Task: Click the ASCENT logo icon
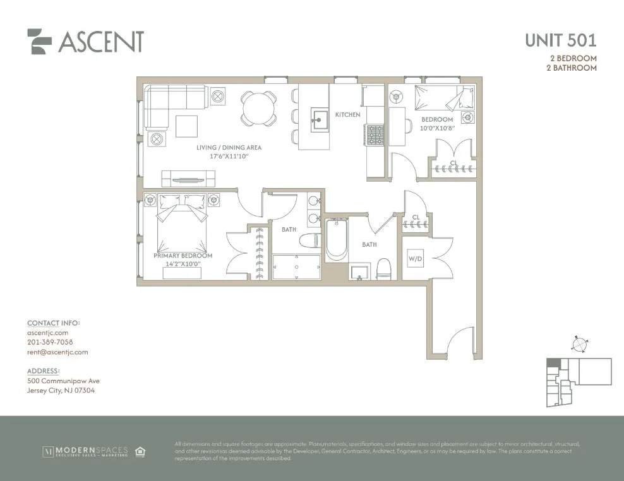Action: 39,42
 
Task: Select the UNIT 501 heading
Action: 560,40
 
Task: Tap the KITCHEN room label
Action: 347,115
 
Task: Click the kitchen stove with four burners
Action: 375,134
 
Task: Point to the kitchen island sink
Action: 320,117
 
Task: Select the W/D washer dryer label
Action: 415,258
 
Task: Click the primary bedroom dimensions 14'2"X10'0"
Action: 183,264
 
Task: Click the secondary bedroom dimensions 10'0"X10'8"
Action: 437,129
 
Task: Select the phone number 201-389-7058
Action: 50,342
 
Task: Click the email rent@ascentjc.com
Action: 57,352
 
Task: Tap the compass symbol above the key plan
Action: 578,345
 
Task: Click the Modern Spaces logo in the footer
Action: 85,451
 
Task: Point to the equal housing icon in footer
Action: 140,451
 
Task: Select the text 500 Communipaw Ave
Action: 63,381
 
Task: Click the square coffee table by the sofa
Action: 186,126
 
